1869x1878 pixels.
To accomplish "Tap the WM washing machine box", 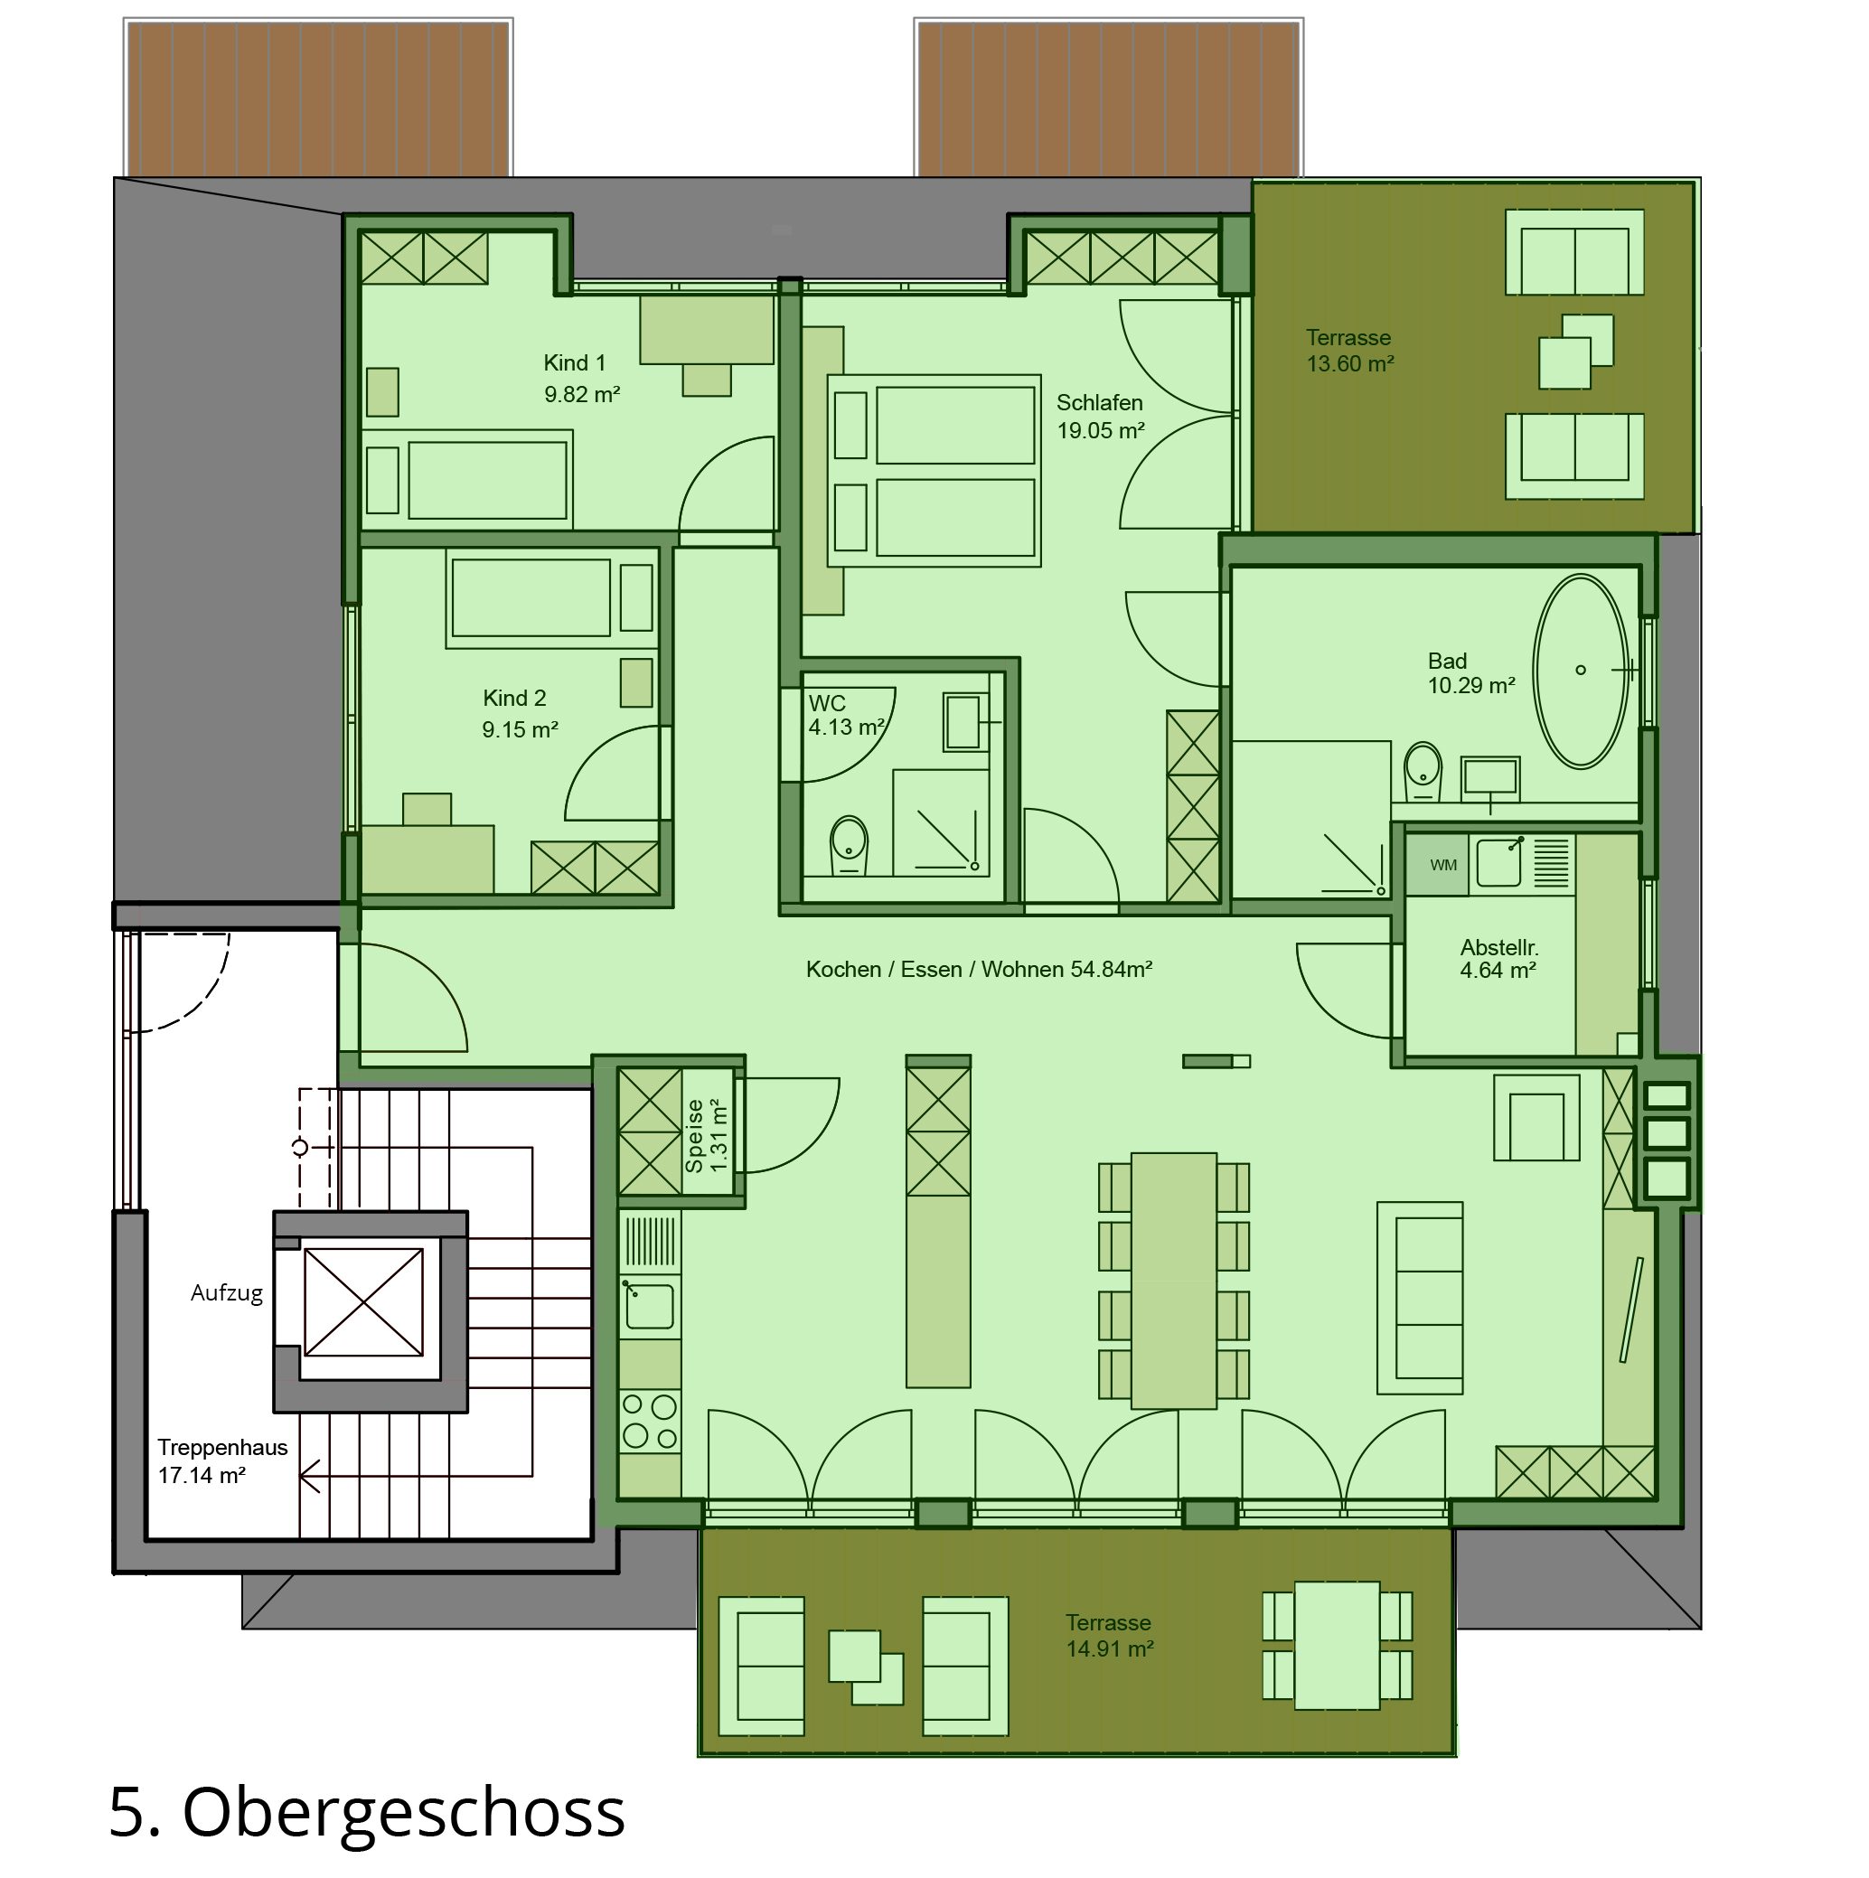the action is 1443,865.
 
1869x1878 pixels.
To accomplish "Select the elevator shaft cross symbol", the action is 363,1302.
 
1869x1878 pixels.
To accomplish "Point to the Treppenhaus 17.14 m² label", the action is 222,1461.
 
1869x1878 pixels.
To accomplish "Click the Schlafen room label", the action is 1099,402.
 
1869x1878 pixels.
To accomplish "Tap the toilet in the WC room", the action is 849,845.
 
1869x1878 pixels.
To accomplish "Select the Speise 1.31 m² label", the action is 707,1135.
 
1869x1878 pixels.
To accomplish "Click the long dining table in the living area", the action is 1174,1282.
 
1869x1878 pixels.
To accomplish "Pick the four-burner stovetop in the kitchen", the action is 649,1423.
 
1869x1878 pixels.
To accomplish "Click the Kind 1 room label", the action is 575,362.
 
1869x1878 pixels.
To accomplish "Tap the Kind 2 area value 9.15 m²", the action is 520,729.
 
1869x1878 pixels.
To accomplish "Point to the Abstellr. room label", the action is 1498,947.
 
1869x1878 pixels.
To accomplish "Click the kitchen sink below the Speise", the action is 649,1305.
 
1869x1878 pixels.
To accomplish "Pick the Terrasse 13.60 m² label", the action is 1350,351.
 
